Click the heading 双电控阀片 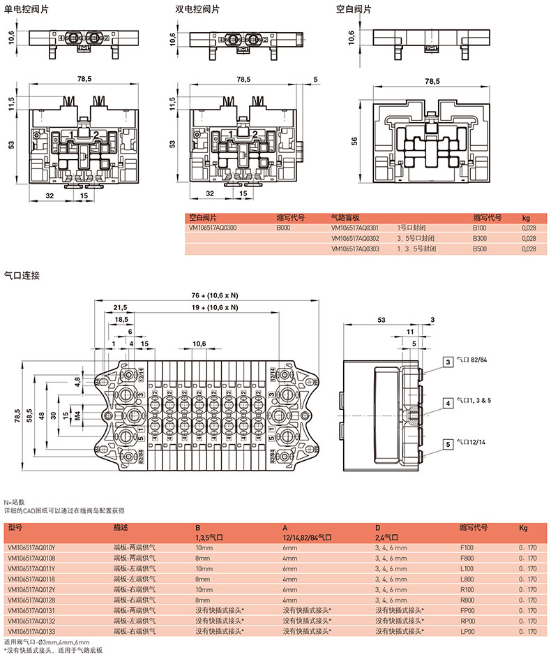coord(197,10)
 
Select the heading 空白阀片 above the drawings coord(354,10)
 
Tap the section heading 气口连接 coord(22,275)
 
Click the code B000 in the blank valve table coord(282,228)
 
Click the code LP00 coord(467,630)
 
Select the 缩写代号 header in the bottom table coord(473,528)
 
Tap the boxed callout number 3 coord(447,361)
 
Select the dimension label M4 coord(77,415)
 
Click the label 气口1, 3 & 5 coord(474,402)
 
